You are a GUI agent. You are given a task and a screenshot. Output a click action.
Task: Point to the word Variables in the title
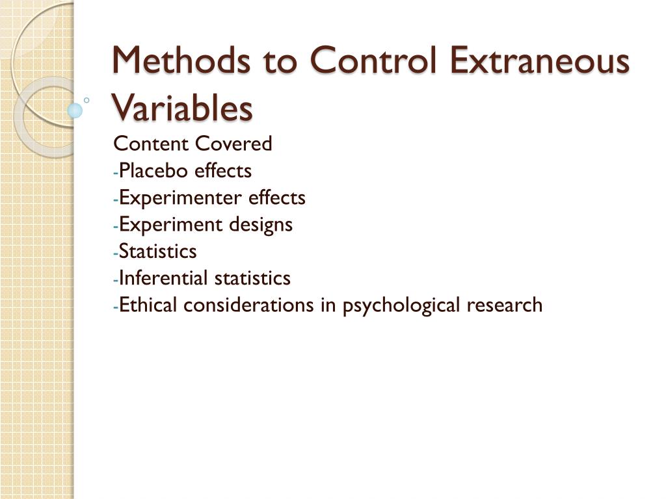point(182,108)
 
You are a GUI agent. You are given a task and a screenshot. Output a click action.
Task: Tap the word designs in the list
point(260,225)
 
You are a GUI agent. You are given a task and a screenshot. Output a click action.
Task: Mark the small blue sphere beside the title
point(75,110)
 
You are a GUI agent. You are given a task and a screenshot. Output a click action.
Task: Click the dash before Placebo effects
point(116,172)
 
